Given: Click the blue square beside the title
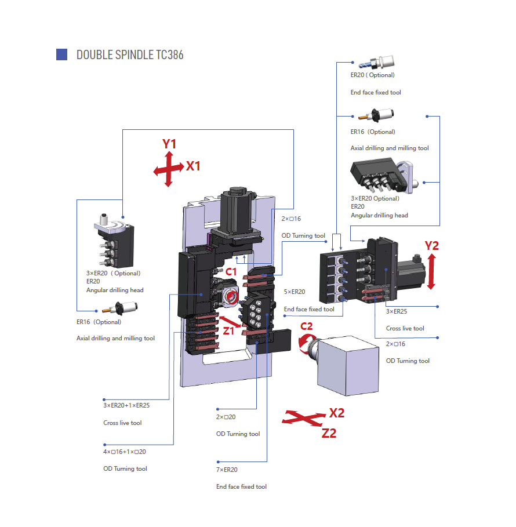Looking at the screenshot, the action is [x=61, y=54].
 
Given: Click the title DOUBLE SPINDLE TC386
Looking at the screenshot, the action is [x=130, y=54].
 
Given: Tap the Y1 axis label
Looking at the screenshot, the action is [x=169, y=144].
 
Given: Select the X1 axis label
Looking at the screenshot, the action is [x=193, y=166].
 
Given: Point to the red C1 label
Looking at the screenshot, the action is [x=231, y=271].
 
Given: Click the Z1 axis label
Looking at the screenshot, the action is [x=228, y=331].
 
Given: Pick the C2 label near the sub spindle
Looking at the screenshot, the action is [x=306, y=326].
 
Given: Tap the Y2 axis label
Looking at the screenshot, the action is [x=431, y=246].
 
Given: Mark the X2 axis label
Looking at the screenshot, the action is [x=337, y=413].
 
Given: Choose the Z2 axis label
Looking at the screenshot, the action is [x=329, y=433].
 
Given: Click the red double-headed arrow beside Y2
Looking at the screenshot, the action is [x=431, y=272].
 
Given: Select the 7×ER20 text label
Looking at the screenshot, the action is [x=227, y=470].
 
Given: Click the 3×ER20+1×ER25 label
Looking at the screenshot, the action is [x=126, y=405].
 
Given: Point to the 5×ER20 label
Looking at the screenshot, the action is [x=295, y=292].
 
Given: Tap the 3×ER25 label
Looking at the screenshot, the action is [x=397, y=311].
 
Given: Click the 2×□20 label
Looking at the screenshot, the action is [x=226, y=417].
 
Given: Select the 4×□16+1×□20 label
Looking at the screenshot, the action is [x=125, y=452].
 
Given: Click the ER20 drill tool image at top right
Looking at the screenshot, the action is [x=376, y=62].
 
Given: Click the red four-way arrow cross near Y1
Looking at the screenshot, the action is [x=169, y=169].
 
